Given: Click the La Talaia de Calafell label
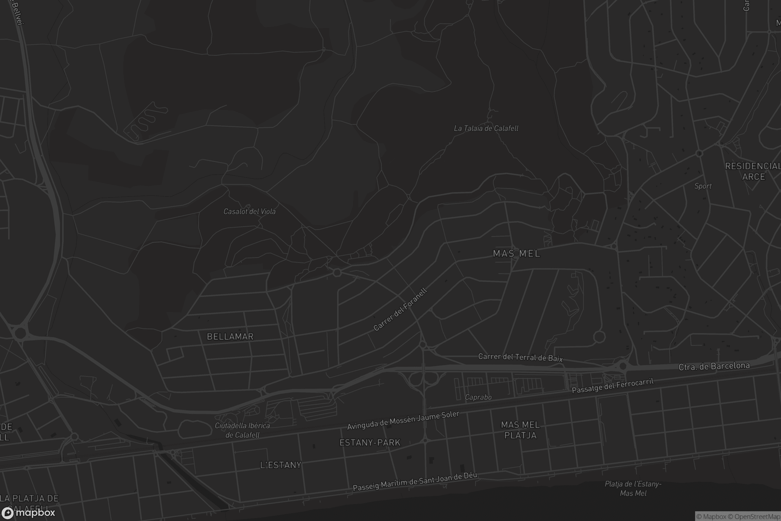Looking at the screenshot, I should [x=486, y=128].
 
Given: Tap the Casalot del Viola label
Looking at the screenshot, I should [x=249, y=211].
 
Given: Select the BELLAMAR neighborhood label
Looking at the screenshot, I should [x=230, y=337].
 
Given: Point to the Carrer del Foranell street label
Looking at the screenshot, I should [x=400, y=310].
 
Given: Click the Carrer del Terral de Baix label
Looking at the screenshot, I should [x=520, y=357].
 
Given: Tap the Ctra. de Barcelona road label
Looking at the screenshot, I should [x=714, y=366].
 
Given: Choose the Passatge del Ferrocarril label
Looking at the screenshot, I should [x=613, y=386].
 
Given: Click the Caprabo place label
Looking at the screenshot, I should [x=478, y=397].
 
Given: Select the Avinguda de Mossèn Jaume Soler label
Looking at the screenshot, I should [x=403, y=420].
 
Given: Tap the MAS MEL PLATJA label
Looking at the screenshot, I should [x=520, y=430].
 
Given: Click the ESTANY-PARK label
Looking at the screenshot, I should [x=370, y=443].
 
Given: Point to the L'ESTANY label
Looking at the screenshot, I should [x=281, y=465].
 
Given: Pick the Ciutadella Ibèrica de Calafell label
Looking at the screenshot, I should [x=242, y=430].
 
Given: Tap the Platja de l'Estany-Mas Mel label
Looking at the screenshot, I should [x=633, y=488].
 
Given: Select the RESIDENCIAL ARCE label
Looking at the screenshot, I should [x=752, y=171].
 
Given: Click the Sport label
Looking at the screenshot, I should [x=703, y=186].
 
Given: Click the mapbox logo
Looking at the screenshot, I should [x=28, y=513].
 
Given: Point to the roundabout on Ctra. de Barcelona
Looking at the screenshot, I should [x=623, y=366].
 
